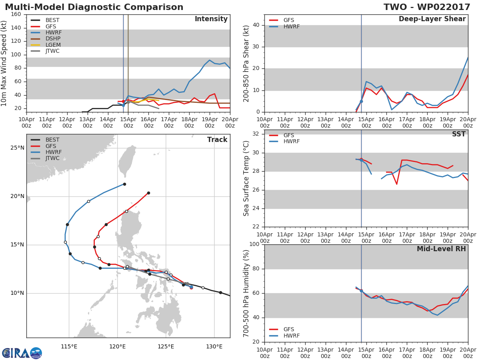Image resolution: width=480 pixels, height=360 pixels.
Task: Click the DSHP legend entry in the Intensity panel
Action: tap(46, 39)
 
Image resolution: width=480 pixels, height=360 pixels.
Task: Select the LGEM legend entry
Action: tap(46, 45)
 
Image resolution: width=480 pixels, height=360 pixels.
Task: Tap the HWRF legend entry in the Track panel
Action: tap(46, 152)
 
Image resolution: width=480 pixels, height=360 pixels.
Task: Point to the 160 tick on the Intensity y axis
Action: tap(16, 14)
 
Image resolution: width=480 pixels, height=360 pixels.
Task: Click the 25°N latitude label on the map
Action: tap(18, 148)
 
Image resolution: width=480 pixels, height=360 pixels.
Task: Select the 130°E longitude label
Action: tap(214, 347)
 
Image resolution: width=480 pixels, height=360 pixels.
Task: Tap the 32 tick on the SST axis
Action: tap(256, 134)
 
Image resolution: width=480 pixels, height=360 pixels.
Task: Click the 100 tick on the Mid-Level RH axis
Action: tap(254, 244)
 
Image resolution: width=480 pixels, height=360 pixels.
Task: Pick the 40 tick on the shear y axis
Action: tap(256, 25)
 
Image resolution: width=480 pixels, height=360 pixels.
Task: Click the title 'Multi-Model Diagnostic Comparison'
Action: tap(94, 7)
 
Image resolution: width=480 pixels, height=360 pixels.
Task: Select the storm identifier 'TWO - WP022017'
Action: tap(427, 7)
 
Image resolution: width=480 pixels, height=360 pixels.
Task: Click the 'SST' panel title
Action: tap(459, 134)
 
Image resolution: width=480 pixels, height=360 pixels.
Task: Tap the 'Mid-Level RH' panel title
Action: tap(441, 249)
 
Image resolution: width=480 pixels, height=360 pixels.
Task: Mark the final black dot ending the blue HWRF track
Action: tap(124, 184)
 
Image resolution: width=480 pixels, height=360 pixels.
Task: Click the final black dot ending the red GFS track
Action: tap(148, 193)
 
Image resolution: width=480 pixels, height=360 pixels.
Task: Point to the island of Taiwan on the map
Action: tap(127, 161)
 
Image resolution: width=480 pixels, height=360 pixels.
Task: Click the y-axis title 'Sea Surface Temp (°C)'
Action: tap(246, 178)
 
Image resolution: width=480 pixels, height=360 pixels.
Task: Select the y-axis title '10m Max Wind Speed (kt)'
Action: tap(4, 63)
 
